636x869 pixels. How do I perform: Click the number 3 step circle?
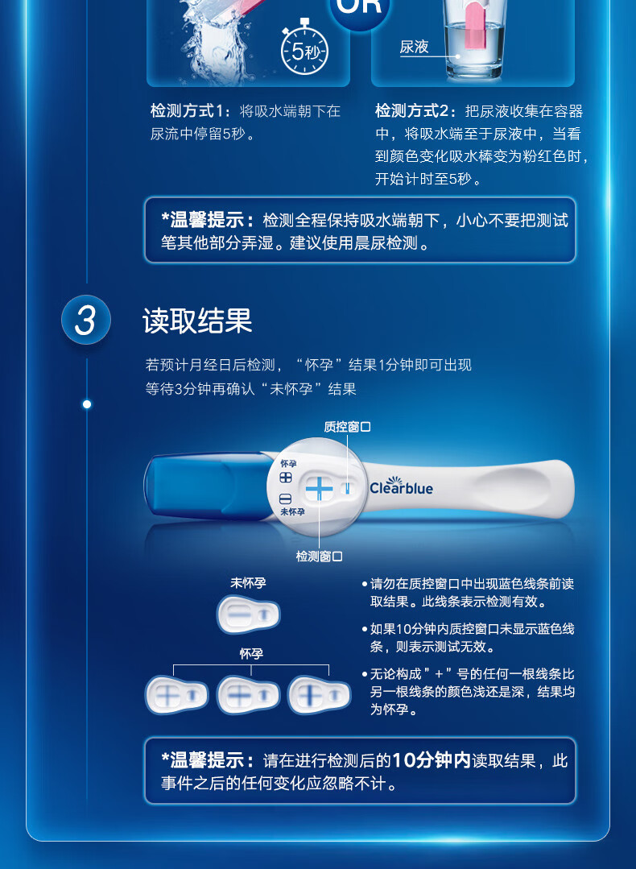[x=86, y=320]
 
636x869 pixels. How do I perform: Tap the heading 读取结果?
[x=197, y=321]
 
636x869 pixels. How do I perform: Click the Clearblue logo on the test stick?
[x=401, y=486]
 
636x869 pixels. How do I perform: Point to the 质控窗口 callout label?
[x=347, y=427]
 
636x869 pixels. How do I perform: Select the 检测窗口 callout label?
[x=319, y=556]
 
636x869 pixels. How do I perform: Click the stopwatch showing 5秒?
[x=304, y=48]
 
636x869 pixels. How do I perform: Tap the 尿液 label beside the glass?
[x=415, y=47]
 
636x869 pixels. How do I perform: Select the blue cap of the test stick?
[x=208, y=486]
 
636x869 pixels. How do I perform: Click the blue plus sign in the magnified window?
[x=319, y=489]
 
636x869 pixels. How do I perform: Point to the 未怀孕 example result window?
[x=248, y=614]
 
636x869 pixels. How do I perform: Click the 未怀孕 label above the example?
[x=248, y=583]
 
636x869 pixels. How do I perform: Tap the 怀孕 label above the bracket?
[x=251, y=654]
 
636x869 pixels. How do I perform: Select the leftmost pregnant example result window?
[x=177, y=694]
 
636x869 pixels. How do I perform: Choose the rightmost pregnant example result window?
[x=320, y=694]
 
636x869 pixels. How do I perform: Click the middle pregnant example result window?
[x=248, y=694]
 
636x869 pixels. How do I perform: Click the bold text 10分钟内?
[x=432, y=760]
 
